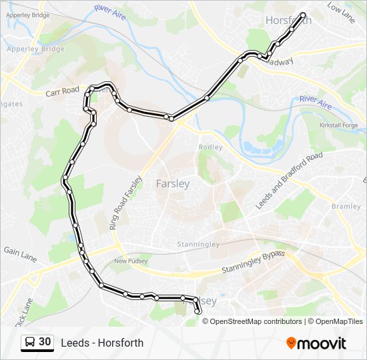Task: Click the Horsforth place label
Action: [288, 21]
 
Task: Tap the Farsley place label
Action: [172, 183]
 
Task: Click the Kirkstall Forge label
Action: [338, 125]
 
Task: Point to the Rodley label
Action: [210, 147]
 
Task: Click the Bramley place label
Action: [346, 207]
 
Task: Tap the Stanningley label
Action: [198, 245]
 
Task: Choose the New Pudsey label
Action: [130, 261]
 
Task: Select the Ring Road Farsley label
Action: [126, 203]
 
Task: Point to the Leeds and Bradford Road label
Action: [288, 181]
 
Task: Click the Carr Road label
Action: [62, 92]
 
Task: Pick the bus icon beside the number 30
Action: [30, 343]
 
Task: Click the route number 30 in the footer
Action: [45, 342]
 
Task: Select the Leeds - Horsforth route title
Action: [102, 343]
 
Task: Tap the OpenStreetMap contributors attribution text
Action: [256, 321]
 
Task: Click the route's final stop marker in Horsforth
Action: [304, 15]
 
